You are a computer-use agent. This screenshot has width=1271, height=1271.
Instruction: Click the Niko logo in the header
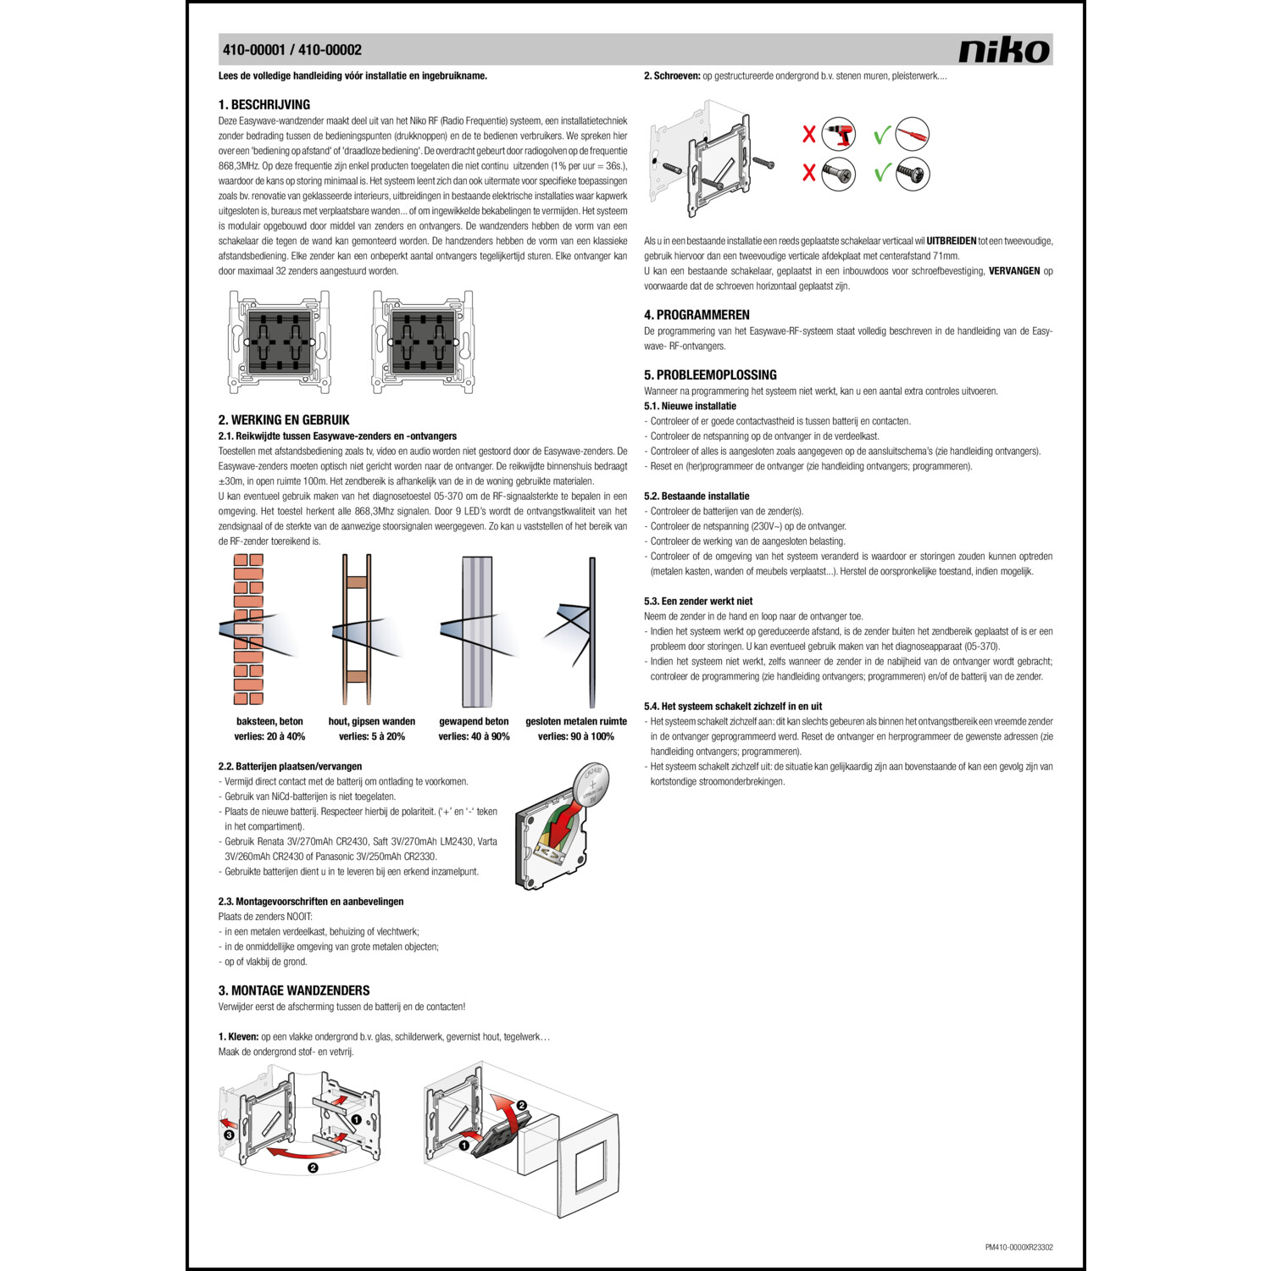pos(1004,50)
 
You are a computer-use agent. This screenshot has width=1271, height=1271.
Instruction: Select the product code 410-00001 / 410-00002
pos(292,50)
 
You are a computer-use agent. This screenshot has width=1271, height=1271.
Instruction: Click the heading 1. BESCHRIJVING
pos(264,105)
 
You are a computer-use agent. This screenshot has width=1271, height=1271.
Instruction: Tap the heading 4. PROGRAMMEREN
pos(697,315)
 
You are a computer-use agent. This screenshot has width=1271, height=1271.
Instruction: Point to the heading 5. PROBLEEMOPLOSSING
pos(710,375)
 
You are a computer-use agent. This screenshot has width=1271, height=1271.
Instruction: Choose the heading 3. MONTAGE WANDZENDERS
pos(294,991)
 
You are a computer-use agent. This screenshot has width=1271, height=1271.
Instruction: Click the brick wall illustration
pos(248,629)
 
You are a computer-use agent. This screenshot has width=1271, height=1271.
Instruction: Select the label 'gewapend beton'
pos(474,722)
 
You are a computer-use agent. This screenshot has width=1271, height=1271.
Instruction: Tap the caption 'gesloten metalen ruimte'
pos(576,722)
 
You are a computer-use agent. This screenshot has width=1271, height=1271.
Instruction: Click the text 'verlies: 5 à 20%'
pos(372,736)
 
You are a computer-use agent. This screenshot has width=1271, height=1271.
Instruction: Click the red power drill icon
pos(839,134)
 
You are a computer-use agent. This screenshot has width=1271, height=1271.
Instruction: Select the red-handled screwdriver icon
pos(913,134)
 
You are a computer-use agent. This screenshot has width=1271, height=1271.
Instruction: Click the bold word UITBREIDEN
pos(951,241)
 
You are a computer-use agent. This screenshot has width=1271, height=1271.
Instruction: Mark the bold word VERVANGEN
pos(1014,271)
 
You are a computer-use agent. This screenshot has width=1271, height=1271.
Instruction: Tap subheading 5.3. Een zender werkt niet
pos(698,602)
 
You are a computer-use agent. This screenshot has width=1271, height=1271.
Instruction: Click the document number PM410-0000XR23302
pos(1018,1247)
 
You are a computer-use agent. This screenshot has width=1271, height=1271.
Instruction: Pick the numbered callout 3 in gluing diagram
pos(228,1135)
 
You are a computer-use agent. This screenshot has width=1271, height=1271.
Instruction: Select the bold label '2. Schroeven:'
pos(672,76)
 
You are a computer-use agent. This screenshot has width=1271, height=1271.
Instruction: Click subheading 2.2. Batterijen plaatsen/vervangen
pos(290,767)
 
